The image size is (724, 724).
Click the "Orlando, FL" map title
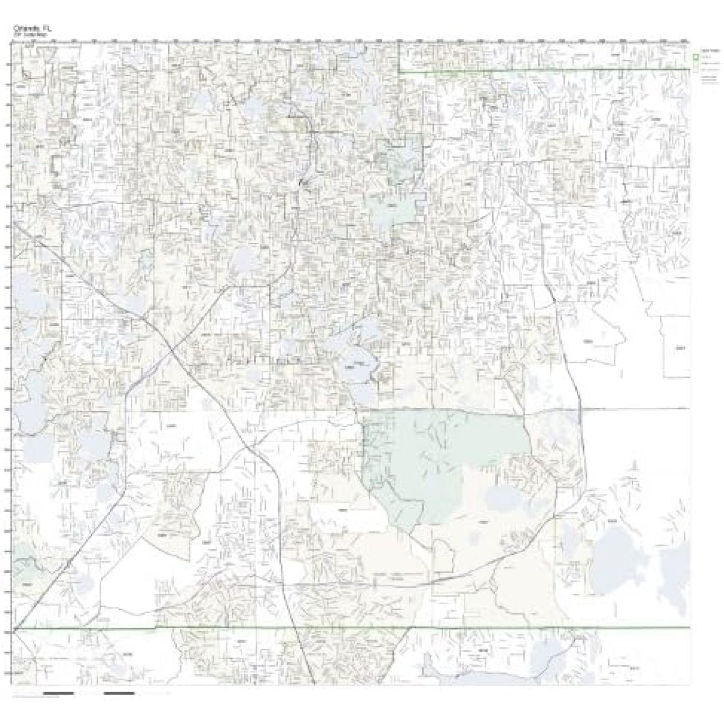click(32, 28)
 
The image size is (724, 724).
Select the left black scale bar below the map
click(58, 694)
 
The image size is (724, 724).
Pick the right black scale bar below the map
click(119, 694)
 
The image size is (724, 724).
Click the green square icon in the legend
click(696, 57)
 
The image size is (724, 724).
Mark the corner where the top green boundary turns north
click(400, 71)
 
